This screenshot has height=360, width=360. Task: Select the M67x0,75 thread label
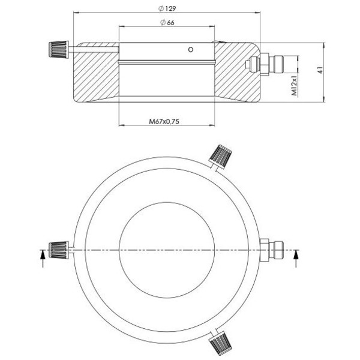164,121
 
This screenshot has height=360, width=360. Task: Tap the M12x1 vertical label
295,85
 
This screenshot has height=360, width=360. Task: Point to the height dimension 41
320,70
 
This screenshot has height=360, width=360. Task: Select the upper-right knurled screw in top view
222,156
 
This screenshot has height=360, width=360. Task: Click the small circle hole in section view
191,50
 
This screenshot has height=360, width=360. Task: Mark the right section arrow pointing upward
295,257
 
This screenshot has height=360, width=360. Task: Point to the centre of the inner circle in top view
166,249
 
